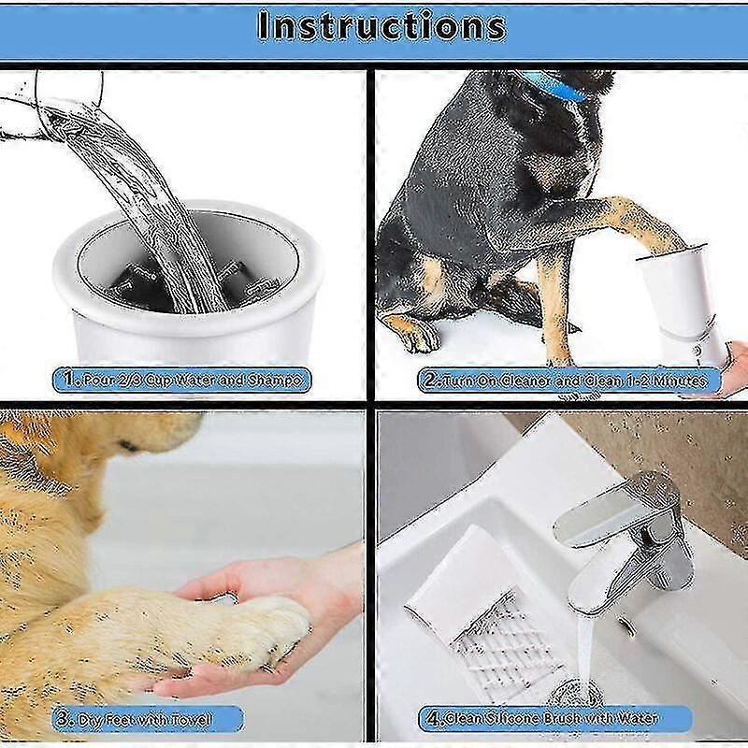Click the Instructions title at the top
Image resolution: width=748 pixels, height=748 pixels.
pyautogui.click(x=381, y=25)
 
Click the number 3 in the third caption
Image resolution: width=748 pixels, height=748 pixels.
pyautogui.click(x=62, y=719)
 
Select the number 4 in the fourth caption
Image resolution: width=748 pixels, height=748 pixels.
pyautogui.click(x=433, y=719)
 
